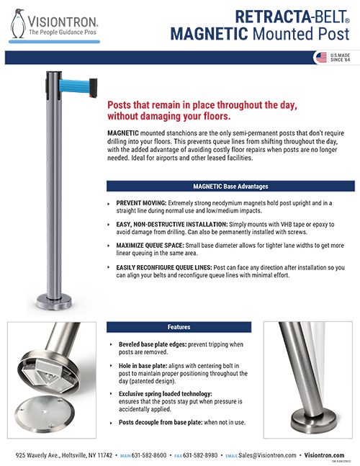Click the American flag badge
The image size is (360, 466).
[x=320, y=58]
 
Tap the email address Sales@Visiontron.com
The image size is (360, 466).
[x=260, y=455]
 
